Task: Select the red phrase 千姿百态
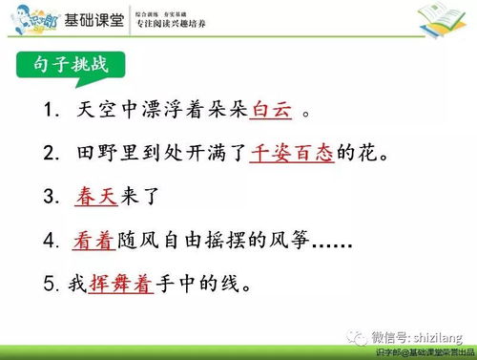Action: pyautogui.click(x=292, y=153)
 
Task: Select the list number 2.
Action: pyautogui.click(x=51, y=153)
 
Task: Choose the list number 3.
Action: pyautogui.click(x=51, y=197)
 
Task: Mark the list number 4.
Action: pyautogui.click(x=51, y=241)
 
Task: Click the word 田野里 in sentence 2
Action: pyautogui.click(x=109, y=153)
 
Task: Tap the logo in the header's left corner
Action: pyautogui.click(x=28, y=17)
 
